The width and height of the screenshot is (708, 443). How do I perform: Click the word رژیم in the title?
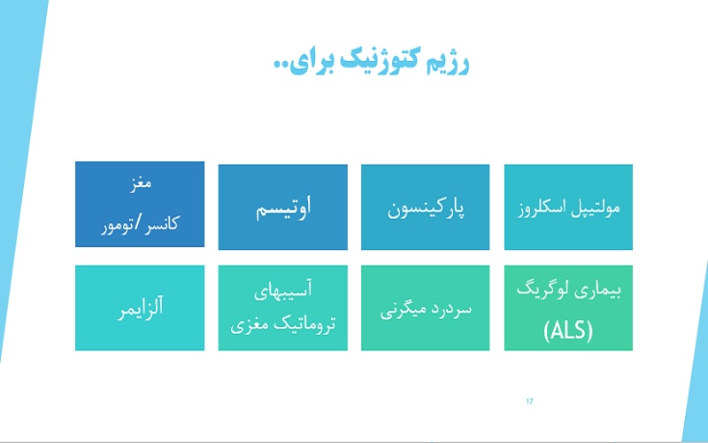(445, 64)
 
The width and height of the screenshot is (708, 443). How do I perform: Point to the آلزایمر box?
(140, 308)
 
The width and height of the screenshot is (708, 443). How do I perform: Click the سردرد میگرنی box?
(425, 308)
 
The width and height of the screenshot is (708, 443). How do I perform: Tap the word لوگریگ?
(540, 290)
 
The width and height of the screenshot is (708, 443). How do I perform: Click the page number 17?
(529, 402)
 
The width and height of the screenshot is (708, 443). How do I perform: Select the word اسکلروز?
(543, 210)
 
